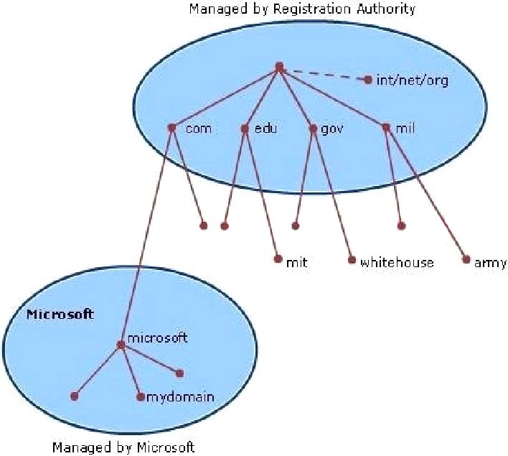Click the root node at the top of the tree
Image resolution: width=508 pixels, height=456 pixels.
(x=279, y=68)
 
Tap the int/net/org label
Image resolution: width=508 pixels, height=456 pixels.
(x=412, y=80)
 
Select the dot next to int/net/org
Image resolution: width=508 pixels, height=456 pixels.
(x=368, y=80)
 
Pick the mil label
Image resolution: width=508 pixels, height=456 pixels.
(x=405, y=129)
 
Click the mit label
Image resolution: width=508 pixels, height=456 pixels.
(x=296, y=262)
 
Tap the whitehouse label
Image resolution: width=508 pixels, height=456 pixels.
(x=397, y=262)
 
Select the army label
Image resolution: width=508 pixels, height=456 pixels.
(x=490, y=262)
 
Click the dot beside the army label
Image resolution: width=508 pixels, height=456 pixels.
(x=466, y=259)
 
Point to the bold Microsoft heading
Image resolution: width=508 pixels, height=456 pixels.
(x=60, y=315)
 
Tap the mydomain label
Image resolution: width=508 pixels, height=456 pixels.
(x=180, y=396)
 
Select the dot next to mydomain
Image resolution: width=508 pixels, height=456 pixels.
(x=141, y=396)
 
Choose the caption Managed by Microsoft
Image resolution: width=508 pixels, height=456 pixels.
(x=123, y=447)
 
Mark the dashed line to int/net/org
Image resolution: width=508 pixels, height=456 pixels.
(x=324, y=74)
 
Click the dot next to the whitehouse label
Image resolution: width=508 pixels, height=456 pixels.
(x=352, y=259)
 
